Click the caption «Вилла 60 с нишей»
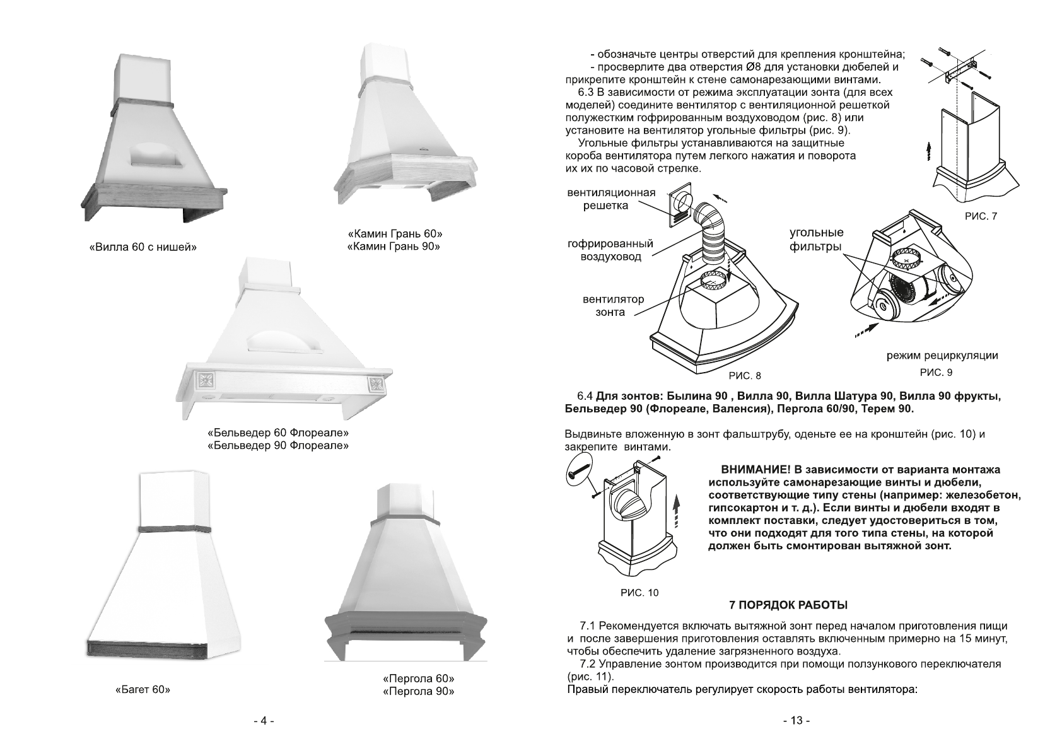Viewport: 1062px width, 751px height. [x=143, y=247]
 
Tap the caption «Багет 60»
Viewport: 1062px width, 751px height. [x=143, y=689]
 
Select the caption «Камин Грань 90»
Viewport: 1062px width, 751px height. [x=394, y=246]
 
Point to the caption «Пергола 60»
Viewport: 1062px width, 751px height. [x=418, y=678]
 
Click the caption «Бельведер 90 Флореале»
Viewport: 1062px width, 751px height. [x=278, y=446]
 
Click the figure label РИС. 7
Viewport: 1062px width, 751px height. [x=981, y=216]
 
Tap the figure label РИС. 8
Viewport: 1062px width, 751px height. [x=745, y=376]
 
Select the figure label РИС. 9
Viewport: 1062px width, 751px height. [x=936, y=372]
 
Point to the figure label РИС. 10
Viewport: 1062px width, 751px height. [x=639, y=592]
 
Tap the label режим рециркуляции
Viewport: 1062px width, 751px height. [x=942, y=356]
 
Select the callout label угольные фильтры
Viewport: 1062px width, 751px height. [x=816, y=240]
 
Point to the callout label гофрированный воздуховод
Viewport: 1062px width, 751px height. [x=610, y=250]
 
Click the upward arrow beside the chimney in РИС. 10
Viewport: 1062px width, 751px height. [x=678, y=509]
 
